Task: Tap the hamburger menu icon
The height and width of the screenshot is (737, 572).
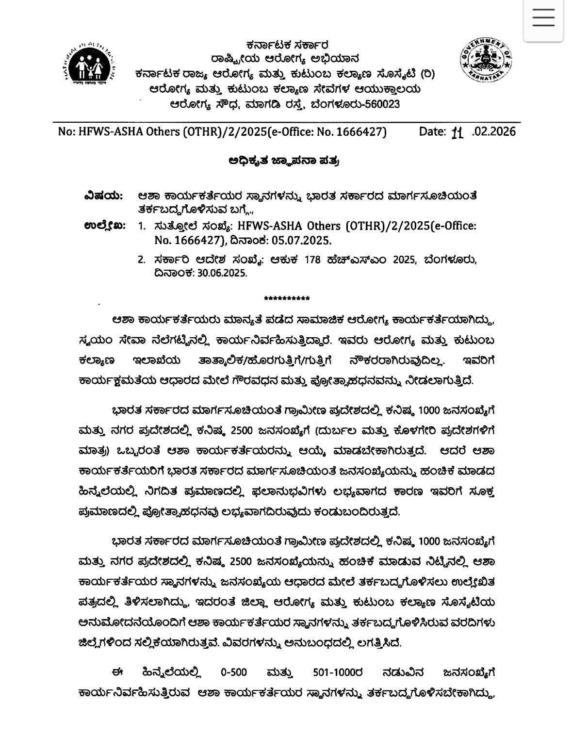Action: click(543, 18)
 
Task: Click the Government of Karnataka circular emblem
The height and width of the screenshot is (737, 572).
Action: click(486, 60)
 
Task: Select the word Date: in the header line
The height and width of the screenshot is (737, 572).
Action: click(432, 131)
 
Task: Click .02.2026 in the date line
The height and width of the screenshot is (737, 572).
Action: click(493, 131)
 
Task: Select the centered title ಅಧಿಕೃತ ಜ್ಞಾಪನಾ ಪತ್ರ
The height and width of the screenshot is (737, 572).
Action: click(283, 161)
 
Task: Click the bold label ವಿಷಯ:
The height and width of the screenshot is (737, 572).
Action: click(103, 196)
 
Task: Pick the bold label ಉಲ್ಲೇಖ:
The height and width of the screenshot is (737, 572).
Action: click(105, 226)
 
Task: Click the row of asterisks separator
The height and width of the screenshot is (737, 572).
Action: click(287, 298)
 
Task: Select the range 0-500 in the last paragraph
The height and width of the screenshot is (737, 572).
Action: click(234, 672)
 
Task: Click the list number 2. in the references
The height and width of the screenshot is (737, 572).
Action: click(142, 260)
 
